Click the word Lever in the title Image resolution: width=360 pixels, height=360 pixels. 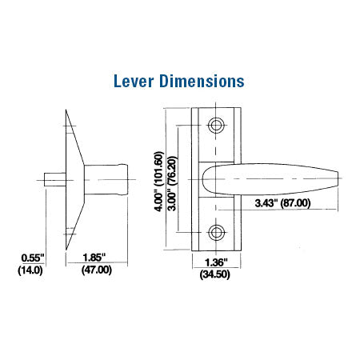click(136, 82)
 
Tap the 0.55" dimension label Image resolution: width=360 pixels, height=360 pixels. click(31, 258)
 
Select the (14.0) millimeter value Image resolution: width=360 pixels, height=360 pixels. click(31, 270)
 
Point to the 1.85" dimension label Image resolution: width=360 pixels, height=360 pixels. click(98, 258)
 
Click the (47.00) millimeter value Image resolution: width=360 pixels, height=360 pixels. click(98, 270)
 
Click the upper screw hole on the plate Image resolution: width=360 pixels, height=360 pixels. click(216, 126)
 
